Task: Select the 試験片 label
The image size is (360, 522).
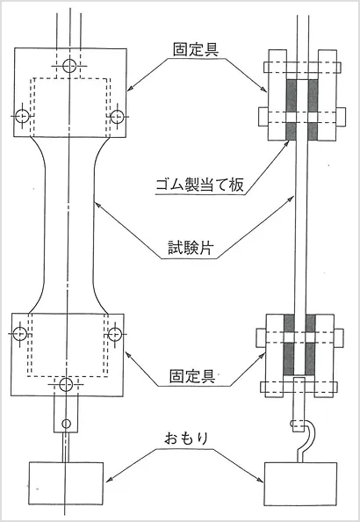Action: tap(195, 249)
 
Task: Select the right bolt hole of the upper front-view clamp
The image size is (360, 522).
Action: tap(114, 116)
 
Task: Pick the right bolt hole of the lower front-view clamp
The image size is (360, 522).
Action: tap(114, 335)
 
